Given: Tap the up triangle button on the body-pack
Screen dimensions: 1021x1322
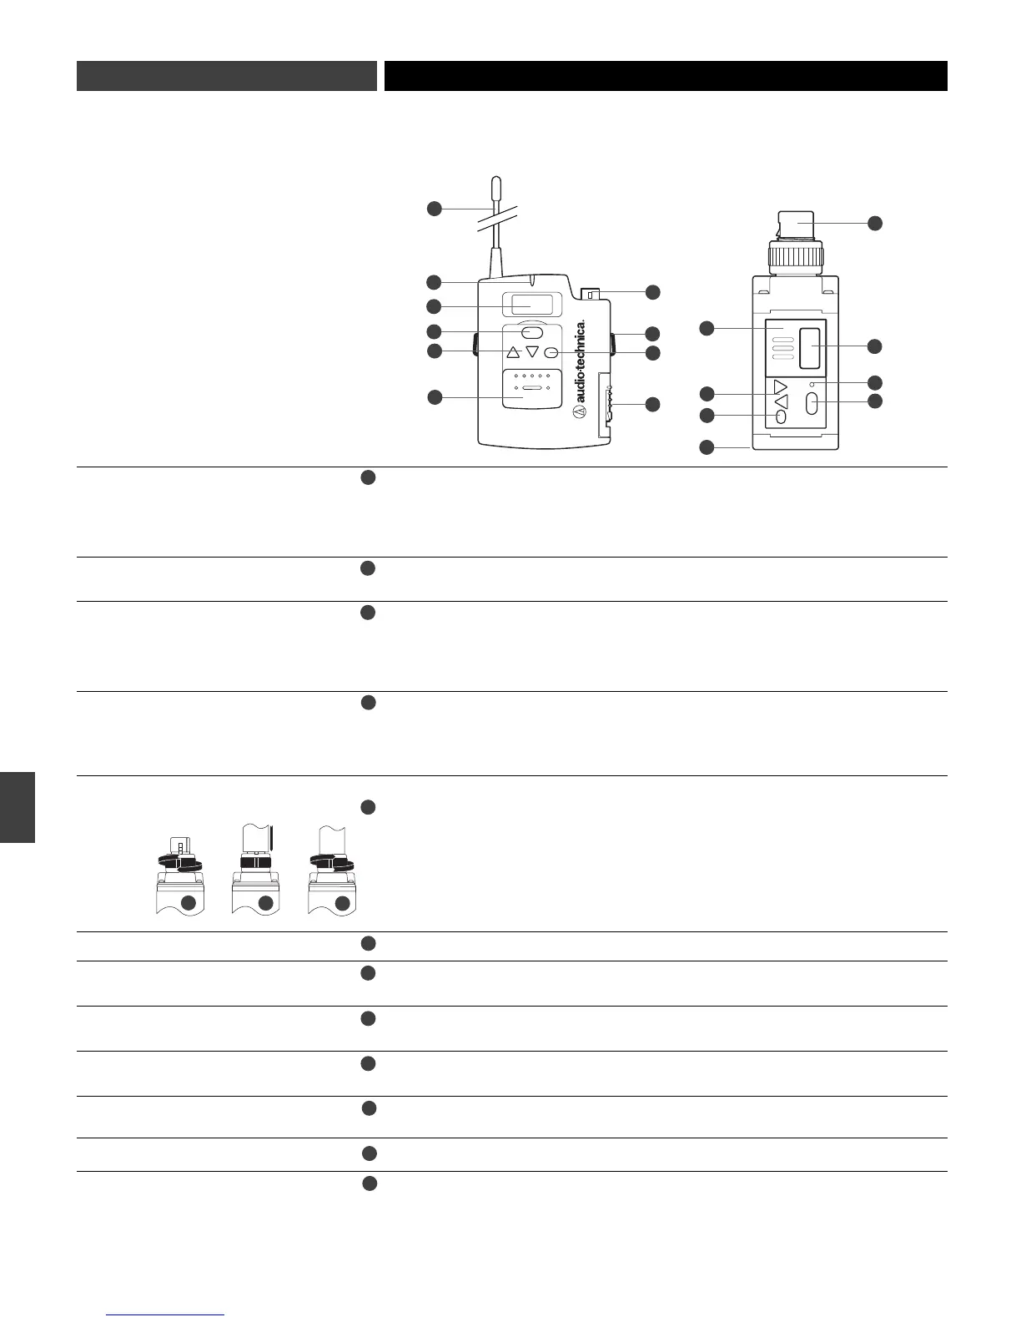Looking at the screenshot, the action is (x=513, y=352).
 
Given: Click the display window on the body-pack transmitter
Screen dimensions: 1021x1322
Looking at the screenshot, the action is (x=526, y=305).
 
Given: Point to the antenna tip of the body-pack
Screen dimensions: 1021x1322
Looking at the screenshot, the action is (x=496, y=183).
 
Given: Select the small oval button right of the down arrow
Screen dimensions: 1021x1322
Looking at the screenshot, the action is (x=551, y=352).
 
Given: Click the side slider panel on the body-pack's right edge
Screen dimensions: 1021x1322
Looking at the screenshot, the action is (x=607, y=406).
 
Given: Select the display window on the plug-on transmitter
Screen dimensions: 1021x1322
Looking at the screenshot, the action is (x=810, y=347).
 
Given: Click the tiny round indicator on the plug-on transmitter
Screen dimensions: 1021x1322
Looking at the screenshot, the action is (x=812, y=383).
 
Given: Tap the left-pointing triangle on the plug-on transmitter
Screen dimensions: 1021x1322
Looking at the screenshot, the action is (x=781, y=401).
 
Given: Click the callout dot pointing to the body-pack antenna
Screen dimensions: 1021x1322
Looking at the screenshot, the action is (x=435, y=208).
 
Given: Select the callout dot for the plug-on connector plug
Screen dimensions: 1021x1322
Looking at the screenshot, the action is (x=874, y=223).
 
